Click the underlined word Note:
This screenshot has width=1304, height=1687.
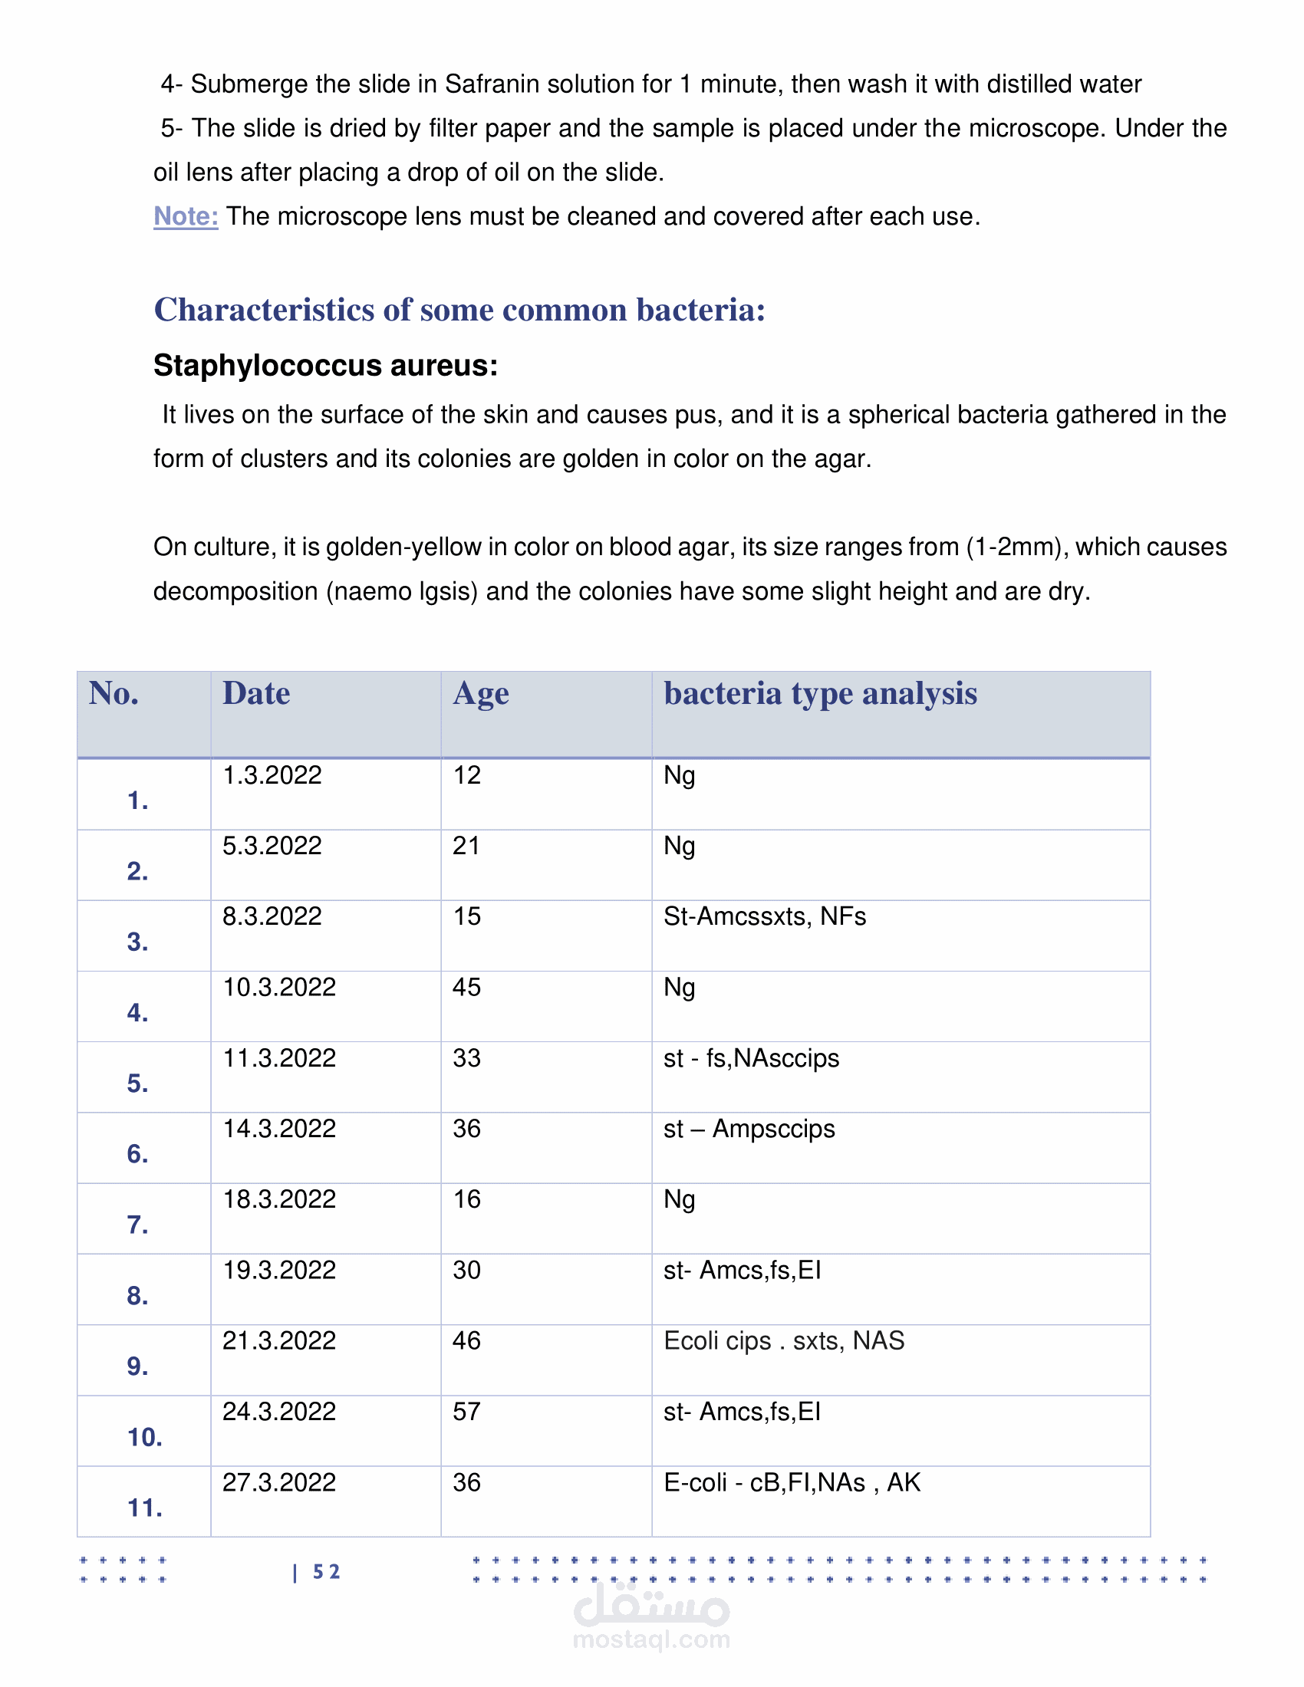pos(186,216)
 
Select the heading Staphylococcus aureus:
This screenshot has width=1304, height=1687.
pos(325,365)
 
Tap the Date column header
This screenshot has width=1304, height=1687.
pos(255,694)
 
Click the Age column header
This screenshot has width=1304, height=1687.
pos(480,694)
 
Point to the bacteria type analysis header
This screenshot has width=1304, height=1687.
pos(820,694)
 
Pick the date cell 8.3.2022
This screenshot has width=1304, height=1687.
pos(272,917)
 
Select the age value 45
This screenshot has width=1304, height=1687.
pos(466,988)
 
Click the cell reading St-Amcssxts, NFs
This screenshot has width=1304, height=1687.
pos(764,917)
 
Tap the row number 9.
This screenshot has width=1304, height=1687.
pos(137,1366)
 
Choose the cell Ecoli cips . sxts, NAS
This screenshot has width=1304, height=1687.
pos(783,1341)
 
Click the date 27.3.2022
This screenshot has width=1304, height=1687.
pos(279,1483)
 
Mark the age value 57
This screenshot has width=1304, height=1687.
pos(466,1412)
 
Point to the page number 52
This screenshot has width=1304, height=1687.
pos(326,1573)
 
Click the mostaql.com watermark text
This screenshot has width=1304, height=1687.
pos(651,1640)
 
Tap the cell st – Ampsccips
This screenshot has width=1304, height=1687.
pos(749,1130)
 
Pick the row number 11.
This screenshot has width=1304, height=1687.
pos(144,1508)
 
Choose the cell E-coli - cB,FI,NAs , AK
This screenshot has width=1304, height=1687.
pos(792,1483)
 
